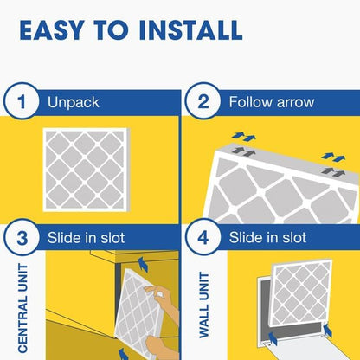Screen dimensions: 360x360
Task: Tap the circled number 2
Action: [x=202, y=103]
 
